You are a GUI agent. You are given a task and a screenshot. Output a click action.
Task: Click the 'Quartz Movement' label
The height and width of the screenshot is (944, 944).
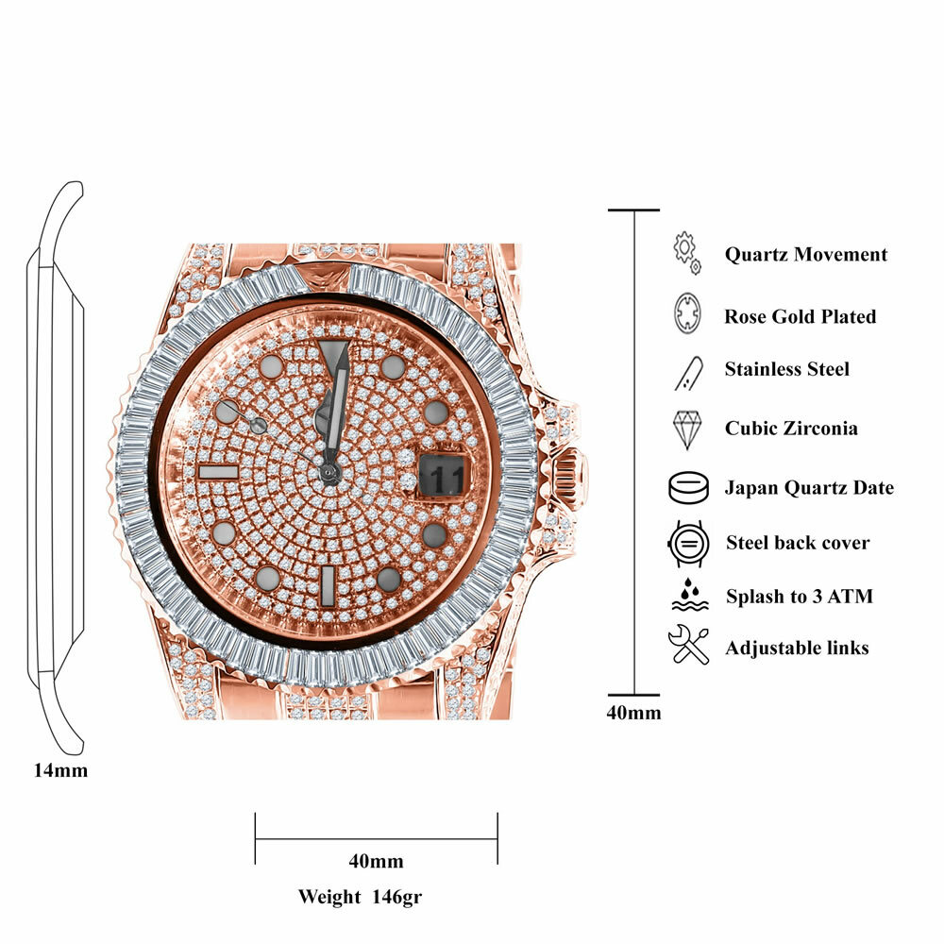pos(805,254)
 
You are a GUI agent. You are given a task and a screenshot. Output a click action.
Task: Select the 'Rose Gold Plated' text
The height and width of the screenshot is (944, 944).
pos(800,316)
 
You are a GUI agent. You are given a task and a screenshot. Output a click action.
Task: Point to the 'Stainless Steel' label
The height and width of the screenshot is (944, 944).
pos(786,369)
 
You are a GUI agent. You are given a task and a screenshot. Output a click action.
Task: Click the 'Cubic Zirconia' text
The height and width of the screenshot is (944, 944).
pos(791,428)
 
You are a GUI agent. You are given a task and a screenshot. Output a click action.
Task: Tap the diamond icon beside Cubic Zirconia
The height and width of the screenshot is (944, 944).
pos(686,429)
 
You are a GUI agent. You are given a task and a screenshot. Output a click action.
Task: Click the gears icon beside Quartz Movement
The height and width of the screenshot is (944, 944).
pos(686,253)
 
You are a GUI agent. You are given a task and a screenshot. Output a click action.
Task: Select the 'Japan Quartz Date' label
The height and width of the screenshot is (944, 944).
pos(808,488)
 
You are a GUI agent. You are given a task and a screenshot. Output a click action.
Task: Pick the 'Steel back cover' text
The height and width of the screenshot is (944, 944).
pos(797,543)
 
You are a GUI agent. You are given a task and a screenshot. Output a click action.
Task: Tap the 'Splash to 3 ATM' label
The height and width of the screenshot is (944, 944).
pos(799,597)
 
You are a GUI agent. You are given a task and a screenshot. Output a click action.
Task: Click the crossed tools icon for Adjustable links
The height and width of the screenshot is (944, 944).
pos(687,646)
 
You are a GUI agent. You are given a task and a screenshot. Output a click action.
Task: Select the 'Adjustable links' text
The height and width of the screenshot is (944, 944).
pos(797,648)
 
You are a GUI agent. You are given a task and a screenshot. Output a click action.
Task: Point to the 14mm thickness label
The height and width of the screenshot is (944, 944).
pos(60,770)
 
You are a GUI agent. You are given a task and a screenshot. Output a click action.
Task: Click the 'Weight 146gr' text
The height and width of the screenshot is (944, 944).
pos(360,896)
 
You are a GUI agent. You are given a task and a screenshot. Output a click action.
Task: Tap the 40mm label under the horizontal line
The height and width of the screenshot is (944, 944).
pos(376,861)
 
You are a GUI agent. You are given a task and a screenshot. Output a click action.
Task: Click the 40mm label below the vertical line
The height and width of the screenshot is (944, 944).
pos(633,713)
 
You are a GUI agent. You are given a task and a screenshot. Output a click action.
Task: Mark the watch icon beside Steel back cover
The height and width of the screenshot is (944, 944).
pos(686,543)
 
